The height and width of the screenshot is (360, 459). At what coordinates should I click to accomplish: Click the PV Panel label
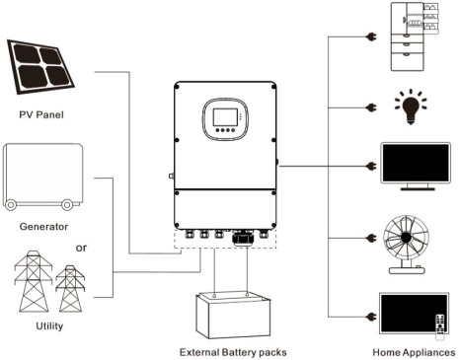click(x=41, y=114)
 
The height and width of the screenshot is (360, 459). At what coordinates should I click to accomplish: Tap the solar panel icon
click(x=40, y=67)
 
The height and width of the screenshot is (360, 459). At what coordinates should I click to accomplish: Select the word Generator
click(x=43, y=227)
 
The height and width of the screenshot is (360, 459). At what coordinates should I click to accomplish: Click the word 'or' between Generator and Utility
click(x=81, y=248)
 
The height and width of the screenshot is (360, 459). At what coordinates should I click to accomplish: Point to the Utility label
click(x=49, y=325)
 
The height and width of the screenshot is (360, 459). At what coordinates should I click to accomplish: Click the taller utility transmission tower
click(x=34, y=281)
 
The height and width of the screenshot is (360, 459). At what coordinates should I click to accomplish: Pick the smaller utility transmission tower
click(x=70, y=289)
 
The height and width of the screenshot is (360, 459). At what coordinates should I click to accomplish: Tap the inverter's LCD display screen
click(x=225, y=116)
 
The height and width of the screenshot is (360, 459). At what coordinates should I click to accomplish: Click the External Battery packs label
click(x=233, y=352)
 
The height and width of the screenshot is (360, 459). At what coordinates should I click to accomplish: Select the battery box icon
click(x=233, y=315)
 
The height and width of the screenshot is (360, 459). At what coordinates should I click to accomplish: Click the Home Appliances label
click(x=414, y=352)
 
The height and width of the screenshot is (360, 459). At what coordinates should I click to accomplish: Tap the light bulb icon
click(x=411, y=107)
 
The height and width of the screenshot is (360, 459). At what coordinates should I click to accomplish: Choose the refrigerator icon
click(x=414, y=36)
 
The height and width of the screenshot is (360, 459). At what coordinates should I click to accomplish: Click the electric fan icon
click(x=407, y=245)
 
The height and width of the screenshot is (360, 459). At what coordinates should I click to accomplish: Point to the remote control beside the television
click(x=440, y=326)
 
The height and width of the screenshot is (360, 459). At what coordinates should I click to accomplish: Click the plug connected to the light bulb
click(x=371, y=108)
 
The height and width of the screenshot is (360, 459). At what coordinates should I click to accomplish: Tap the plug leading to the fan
click(x=371, y=238)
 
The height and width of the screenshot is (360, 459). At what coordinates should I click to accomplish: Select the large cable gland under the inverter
click(x=244, y=238)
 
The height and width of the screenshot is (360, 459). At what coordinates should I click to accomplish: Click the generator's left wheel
click(x=11, y=205)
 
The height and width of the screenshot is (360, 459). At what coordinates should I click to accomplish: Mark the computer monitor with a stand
click(x=416, y=166)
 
